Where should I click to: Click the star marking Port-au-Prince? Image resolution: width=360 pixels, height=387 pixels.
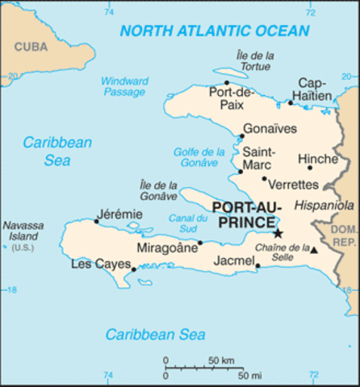click(278, 233)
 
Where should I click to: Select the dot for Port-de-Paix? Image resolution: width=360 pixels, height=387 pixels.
click(227, 82)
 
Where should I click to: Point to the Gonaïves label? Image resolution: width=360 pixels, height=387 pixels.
click(270, 129)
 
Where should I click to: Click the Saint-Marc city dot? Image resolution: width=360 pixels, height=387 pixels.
click(240, 171)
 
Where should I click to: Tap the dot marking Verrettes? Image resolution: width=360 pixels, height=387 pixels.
click(264, 178)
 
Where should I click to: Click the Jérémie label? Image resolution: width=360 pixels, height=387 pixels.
click(119, 214)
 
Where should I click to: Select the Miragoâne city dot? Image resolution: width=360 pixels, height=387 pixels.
click(200, 243)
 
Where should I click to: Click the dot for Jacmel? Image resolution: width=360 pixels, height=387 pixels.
click(257, 266)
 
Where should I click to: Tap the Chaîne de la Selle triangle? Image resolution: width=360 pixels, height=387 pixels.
click(314, 251)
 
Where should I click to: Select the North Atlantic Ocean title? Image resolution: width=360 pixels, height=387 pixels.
click(214, 31)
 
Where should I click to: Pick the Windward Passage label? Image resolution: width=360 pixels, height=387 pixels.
click(123, 86)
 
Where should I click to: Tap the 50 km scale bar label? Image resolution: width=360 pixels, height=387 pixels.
click(222, 360)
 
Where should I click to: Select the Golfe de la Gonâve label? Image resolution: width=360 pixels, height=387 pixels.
click(199, 157)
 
